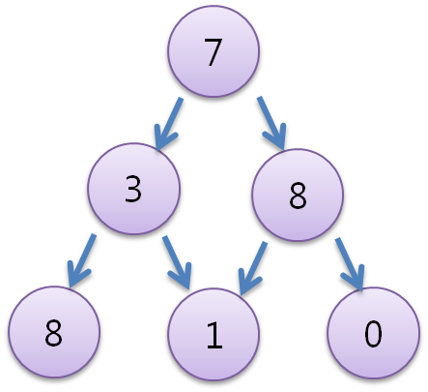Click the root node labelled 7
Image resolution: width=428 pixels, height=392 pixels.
coord(213,53)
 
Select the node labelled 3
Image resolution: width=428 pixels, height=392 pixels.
coord(133,189)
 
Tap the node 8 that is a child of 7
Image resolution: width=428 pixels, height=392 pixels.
coord(297,196)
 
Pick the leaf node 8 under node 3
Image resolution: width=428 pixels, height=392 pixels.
coord(52,334)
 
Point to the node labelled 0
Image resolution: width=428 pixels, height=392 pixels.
coord(372,334)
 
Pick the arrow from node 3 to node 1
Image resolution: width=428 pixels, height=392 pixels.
coord(178,261)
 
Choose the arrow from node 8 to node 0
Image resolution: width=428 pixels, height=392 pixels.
coord(348,261)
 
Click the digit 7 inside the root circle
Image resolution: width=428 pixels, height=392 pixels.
coord(213,54)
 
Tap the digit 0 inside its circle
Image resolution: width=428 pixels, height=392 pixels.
coord(372,335)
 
